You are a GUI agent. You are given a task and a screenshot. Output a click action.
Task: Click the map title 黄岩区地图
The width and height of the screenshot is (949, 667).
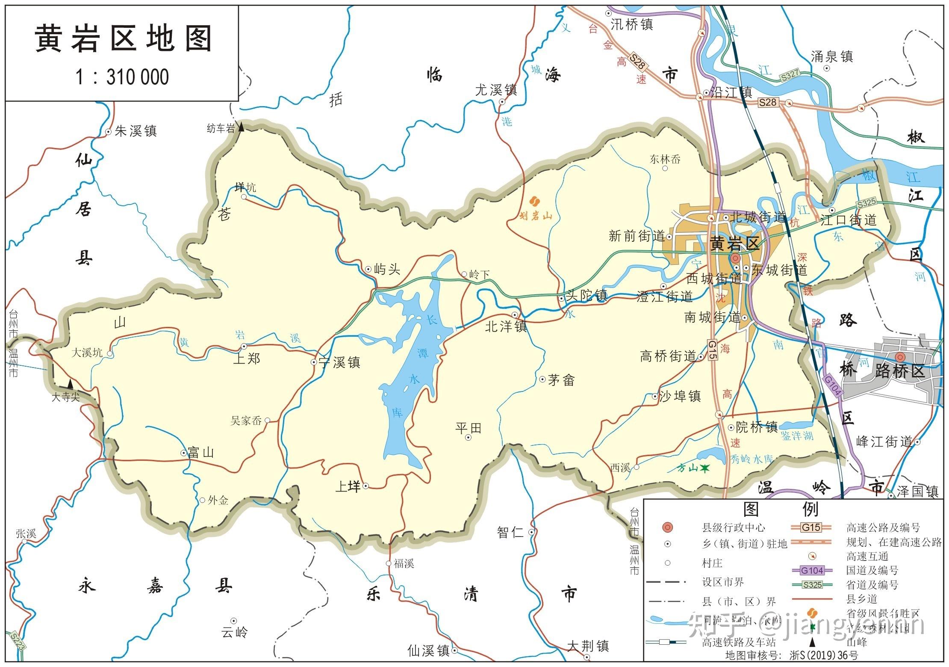(x=123, y=39)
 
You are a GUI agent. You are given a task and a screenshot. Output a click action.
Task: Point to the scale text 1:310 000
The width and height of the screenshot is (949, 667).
(x=122, y=77)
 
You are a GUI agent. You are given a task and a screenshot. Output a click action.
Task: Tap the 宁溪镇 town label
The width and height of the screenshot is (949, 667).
(x=340, y=362)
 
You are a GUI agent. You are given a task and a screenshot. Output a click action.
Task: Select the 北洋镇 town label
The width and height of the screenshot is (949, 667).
(x=506, y=327)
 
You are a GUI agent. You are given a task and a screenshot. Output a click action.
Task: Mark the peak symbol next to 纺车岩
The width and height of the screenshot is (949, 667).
(x=241, y=127)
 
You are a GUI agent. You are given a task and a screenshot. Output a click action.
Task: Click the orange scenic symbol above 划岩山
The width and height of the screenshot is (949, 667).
(x=534, y=201)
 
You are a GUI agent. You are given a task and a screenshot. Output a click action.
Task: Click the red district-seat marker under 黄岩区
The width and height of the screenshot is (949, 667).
(x=735, y=258)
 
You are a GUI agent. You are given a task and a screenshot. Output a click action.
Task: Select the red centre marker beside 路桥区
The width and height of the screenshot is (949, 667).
(x=900, y=357)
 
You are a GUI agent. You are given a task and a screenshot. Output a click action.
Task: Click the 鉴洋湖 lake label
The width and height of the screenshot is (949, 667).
(x=797, y=436)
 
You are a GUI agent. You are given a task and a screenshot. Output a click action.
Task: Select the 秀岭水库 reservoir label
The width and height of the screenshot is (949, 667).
(x=752, y=459)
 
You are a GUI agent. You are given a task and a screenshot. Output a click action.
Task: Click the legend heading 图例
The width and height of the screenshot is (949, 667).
(x=781, y=509)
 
